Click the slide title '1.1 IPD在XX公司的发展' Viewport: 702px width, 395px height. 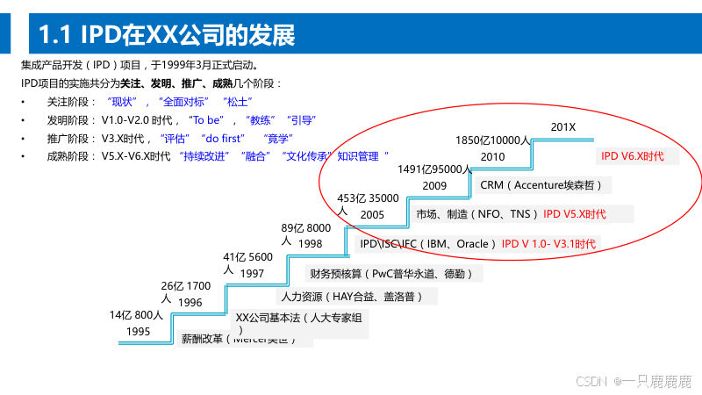[x=167, y=34]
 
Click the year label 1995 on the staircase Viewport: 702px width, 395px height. [x=138, y=332]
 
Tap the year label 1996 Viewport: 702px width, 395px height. [x=190, y=303]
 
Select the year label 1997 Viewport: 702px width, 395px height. [x=252, y=273]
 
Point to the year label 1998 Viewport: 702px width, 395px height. [x=310, y=243]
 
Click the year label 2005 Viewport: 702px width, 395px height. [x=372, y=214]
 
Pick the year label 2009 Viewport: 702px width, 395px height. [x=434, y=185]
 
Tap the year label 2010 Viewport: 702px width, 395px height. [x=493, y=156]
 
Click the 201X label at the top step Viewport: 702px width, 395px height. [x=563, y=127]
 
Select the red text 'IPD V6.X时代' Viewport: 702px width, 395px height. [x=632, y=155]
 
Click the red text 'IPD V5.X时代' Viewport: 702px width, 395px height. [x=574, y=213]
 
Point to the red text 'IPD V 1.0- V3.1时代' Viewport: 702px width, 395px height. [x=548, y=243]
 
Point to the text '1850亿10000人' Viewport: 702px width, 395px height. [x=493, y=140]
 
